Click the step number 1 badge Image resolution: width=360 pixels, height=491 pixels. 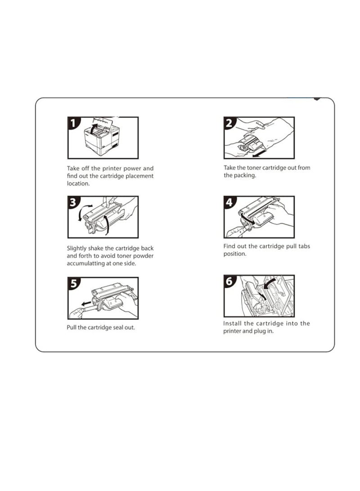coord(73,123)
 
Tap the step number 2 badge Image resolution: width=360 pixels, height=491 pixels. coord(229,123)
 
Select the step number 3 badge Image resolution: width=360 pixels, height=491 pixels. coord(73,202)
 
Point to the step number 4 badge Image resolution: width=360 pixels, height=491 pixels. coord(229,202)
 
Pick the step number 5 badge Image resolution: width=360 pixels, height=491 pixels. coord(73,283)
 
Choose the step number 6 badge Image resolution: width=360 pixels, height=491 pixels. coord(229,281)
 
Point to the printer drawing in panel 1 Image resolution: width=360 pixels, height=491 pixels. coord(102,138)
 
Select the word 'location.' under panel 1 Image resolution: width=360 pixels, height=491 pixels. coord(78,184)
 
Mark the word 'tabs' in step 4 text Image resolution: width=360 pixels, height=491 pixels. coord(304,246)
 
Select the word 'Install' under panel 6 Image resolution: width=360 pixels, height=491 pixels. coord(232,324)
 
